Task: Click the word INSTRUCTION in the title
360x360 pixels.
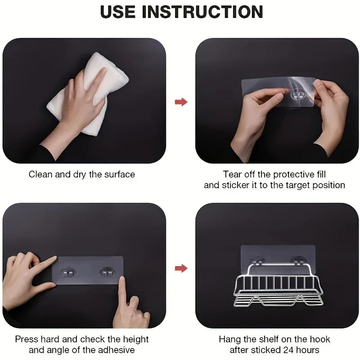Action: point(202,12)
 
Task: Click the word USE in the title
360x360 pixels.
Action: point(118,12)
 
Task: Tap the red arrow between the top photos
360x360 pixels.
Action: point(181,102)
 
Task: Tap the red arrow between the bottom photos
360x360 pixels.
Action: point(181,268)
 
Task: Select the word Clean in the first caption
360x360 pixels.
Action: point(40,175)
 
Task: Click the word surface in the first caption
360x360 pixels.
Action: point(120,175)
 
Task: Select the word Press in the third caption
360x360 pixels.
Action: point(27,339)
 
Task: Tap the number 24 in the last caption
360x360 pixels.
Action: point(288,350)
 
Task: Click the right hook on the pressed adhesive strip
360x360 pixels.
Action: point(108,273)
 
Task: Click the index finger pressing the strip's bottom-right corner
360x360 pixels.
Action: point(121,290)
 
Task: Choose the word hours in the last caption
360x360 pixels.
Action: point(308,350)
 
